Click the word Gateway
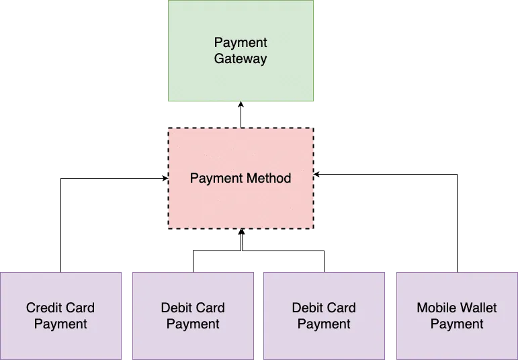241,58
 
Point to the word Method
268,178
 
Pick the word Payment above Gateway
241,43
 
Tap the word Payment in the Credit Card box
60,324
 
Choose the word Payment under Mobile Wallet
457,324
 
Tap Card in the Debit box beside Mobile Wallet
343,308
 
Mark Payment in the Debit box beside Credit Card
193,324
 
